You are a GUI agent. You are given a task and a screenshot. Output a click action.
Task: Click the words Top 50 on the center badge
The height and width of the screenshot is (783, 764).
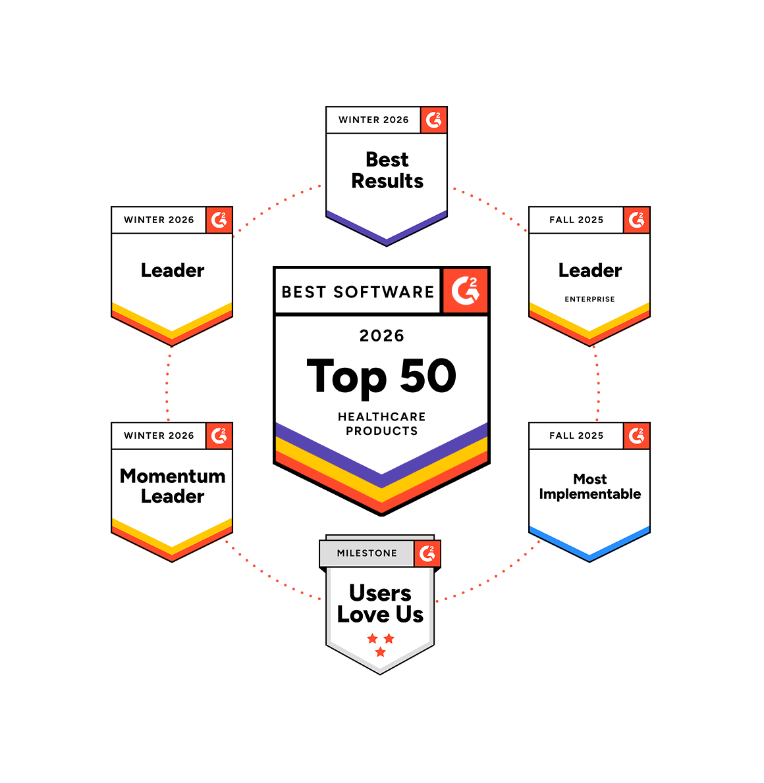tap(381, 376)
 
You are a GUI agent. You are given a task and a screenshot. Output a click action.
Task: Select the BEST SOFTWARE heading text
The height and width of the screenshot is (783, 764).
tap(358, 291)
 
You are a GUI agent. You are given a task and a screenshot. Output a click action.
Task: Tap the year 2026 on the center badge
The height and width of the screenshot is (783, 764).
tap(381, 336)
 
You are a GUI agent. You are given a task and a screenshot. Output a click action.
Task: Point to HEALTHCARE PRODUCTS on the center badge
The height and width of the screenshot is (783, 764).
tap(381, 424)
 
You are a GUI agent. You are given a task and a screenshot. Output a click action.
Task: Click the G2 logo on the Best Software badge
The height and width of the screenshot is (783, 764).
tap(465, 290)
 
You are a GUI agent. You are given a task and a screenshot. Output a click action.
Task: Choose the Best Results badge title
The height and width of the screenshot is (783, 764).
tap(387, 170)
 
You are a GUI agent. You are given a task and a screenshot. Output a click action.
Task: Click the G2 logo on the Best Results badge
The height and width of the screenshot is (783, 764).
tap(433, 120)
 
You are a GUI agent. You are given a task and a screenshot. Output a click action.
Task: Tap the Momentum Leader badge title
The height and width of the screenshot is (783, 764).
tap(173, 486)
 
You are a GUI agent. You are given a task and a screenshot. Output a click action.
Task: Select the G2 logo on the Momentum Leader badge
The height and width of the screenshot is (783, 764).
tap(219, 436)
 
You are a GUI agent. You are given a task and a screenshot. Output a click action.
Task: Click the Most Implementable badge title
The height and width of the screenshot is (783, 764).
tap(589, 486)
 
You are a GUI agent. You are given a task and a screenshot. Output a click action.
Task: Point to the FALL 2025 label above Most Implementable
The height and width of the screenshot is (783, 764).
tap(576, 436)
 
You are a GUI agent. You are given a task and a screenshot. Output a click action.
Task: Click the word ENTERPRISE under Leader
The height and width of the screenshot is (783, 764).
tap(589, 299)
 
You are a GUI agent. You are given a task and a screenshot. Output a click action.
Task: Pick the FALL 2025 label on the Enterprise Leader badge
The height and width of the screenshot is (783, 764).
tap(576, 220)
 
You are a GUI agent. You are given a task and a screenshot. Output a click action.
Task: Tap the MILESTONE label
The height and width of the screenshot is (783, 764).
tap(367, 553)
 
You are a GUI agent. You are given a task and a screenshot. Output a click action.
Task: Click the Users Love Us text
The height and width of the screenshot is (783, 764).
tap(380, 603)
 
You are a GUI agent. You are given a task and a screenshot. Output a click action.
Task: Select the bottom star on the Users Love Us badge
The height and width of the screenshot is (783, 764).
tap(380, 652)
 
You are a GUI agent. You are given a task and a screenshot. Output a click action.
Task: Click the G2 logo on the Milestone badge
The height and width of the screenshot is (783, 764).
tap(427, 553)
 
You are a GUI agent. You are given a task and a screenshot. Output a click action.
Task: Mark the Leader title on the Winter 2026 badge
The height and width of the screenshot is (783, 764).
tap(173, 270)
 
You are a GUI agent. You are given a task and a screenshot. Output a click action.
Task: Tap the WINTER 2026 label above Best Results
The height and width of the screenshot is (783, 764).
tap(373, 120)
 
